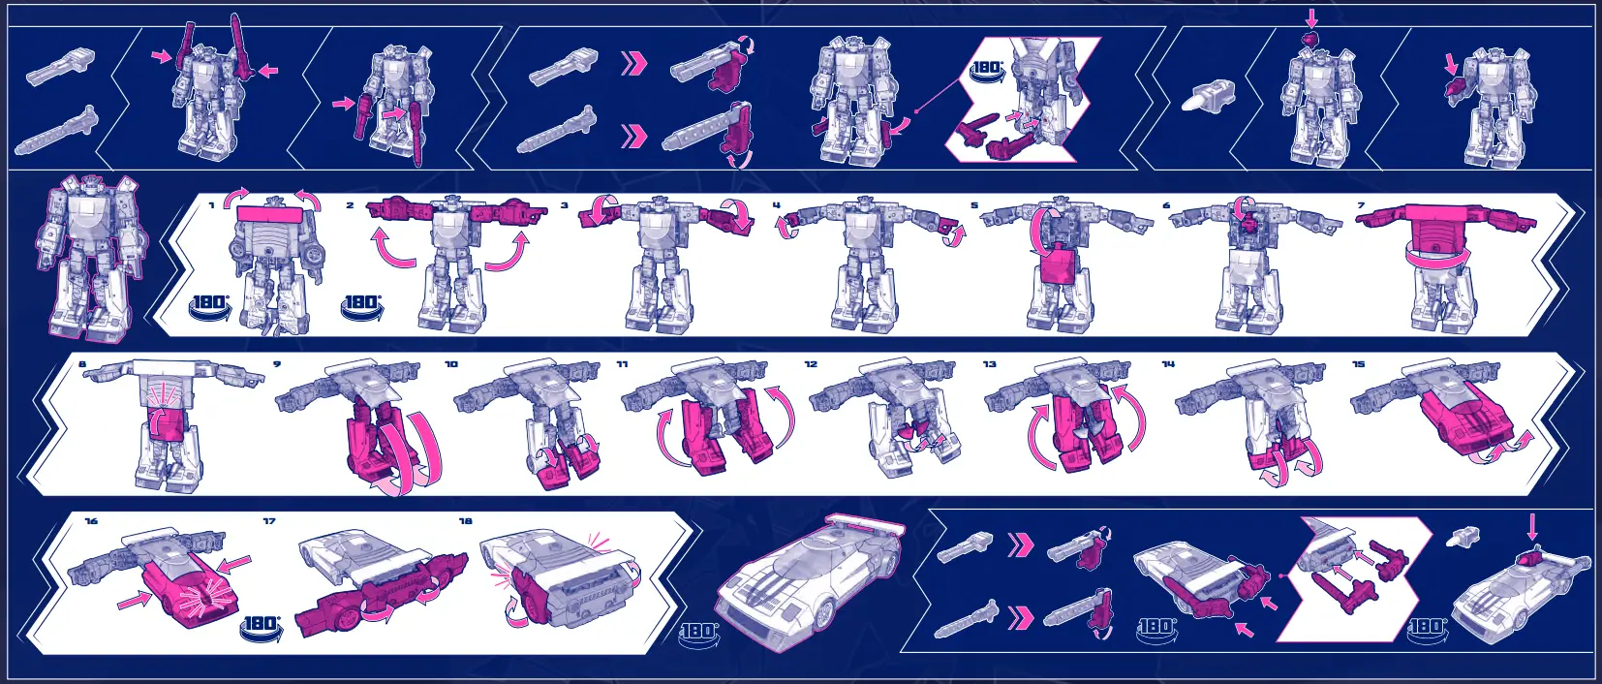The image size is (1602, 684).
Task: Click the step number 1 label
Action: point(211,205)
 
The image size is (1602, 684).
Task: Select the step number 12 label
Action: point(811,364)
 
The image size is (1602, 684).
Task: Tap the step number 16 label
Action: point(91,521)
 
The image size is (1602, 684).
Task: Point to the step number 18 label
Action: point(465,521)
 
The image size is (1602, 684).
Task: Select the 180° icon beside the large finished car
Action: point(698,632)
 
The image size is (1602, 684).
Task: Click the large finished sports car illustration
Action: point(814,581)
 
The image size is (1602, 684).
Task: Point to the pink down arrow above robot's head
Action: point(1311,17)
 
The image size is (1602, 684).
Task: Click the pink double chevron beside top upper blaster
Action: point(633,64)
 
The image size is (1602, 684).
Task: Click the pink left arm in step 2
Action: point(397,208)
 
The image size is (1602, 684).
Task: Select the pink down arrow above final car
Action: point(1531,527)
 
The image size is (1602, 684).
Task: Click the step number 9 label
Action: point(277,364)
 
